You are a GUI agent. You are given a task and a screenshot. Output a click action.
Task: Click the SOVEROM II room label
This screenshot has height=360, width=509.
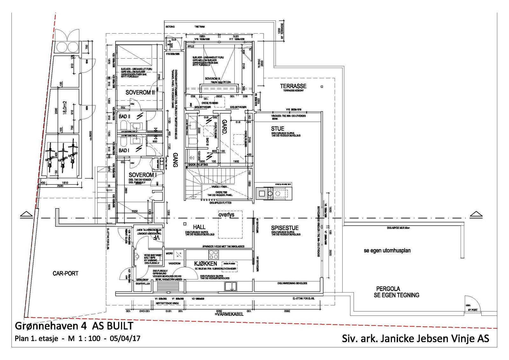[x=140, y=93]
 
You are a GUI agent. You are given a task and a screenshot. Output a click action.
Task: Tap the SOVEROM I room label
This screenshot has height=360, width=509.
[x=143, y=175]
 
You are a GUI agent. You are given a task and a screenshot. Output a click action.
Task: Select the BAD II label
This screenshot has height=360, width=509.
[x=125, y=117]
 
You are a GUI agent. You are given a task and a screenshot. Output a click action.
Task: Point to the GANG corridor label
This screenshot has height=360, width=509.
[x=175, y=159]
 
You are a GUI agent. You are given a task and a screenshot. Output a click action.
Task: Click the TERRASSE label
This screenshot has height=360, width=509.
[x=293, y=86]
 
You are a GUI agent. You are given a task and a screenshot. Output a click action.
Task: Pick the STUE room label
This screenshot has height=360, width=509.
[x=277, y=129]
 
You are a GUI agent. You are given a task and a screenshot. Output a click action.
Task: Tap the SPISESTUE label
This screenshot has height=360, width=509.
[x=285, y=228]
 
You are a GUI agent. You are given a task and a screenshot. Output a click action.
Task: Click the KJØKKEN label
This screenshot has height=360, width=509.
[x=206, y=264]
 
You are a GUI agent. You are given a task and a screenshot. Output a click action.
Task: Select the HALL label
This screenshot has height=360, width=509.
[x=199, y=227]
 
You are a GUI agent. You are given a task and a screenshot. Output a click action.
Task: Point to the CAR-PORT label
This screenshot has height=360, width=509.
[x=65, y=273]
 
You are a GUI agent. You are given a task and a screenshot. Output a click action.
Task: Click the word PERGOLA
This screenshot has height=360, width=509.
[x=388, y=289]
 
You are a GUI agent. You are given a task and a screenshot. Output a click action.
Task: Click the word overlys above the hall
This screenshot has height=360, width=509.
[x=226, y=215]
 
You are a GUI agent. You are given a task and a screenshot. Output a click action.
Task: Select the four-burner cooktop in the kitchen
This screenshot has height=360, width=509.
[x=213, y=255]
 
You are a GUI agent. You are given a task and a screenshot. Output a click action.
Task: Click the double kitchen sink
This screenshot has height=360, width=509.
[x=232, y=286]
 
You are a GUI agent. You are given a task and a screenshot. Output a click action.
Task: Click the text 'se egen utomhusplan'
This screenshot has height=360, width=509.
[x=387, y=251]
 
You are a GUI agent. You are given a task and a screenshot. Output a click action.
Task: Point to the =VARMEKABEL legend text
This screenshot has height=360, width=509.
[x=229, y=314]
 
